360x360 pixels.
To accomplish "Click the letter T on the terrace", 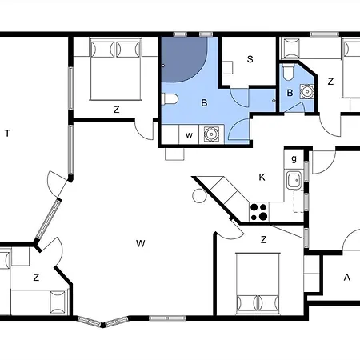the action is (7, 133).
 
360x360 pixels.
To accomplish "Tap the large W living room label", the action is (141, 243).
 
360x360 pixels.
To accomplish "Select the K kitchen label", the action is (262, 177).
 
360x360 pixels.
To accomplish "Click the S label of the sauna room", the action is (250, 59).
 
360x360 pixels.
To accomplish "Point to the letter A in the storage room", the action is (346, 278).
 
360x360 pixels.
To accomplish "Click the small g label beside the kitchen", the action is (294, 159).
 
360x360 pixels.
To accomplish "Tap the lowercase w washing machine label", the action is (189, 135).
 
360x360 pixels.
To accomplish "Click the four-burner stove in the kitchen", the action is (259, 212).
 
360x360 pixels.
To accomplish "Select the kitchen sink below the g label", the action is (294, 181).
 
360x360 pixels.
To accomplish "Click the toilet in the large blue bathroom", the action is (170, 99).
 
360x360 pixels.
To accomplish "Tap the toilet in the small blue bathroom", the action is (288, 72).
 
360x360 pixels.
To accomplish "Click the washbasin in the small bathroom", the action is (307, 91).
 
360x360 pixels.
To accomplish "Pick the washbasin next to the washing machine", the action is (211, 134).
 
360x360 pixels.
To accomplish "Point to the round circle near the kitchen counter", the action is (199, 195).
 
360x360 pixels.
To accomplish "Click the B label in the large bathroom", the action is (204, 103).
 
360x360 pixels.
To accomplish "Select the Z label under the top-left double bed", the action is (116, 110).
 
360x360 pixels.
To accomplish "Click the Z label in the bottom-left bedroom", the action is (36, 278).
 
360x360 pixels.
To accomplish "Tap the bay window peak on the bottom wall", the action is (103, 325).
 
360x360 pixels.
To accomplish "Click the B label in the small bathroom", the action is (290, 93).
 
